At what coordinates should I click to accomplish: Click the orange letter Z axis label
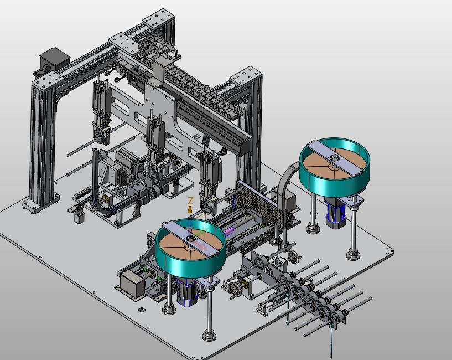pyautogui.click(x=190, y=200)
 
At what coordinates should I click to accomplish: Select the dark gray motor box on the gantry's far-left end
pyautogui.click(x=55, y=61)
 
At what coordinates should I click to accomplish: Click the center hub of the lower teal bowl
pyautogui.click(x=191, y=239)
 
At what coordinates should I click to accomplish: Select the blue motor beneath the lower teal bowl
pyautogui.click(x=187, y=292)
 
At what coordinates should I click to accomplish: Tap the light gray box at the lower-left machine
pyautogui.click(x=132, y=284)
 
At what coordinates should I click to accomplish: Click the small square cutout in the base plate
pyautogui.click(x=141, y=310)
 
